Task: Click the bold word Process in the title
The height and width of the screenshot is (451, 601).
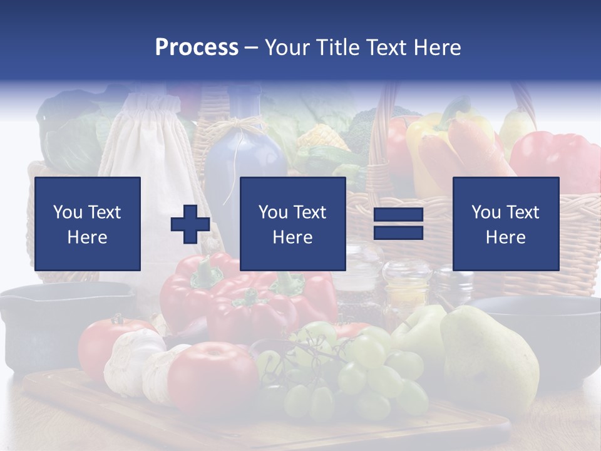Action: point(197,47)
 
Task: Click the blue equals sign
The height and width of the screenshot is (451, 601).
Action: point(398,224)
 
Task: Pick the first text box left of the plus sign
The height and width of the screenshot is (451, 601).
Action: point(88,224)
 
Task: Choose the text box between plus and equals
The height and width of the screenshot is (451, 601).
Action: point(292,224)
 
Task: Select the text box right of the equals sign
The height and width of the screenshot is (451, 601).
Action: point(505,224)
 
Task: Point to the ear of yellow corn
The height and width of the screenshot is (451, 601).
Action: point(322,138)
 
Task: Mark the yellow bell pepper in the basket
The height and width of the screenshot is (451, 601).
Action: point(432,144)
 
